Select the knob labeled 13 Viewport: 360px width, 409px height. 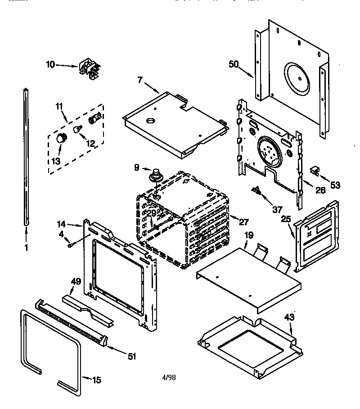point(59,138)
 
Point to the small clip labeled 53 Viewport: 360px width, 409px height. point(315,170)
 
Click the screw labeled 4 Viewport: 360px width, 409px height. point(71,245)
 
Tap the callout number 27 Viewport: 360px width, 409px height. point(243,221)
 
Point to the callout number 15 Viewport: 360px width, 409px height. point(96,380)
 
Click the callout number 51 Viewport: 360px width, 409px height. point(131,357)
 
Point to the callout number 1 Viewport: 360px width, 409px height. point(26,247)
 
